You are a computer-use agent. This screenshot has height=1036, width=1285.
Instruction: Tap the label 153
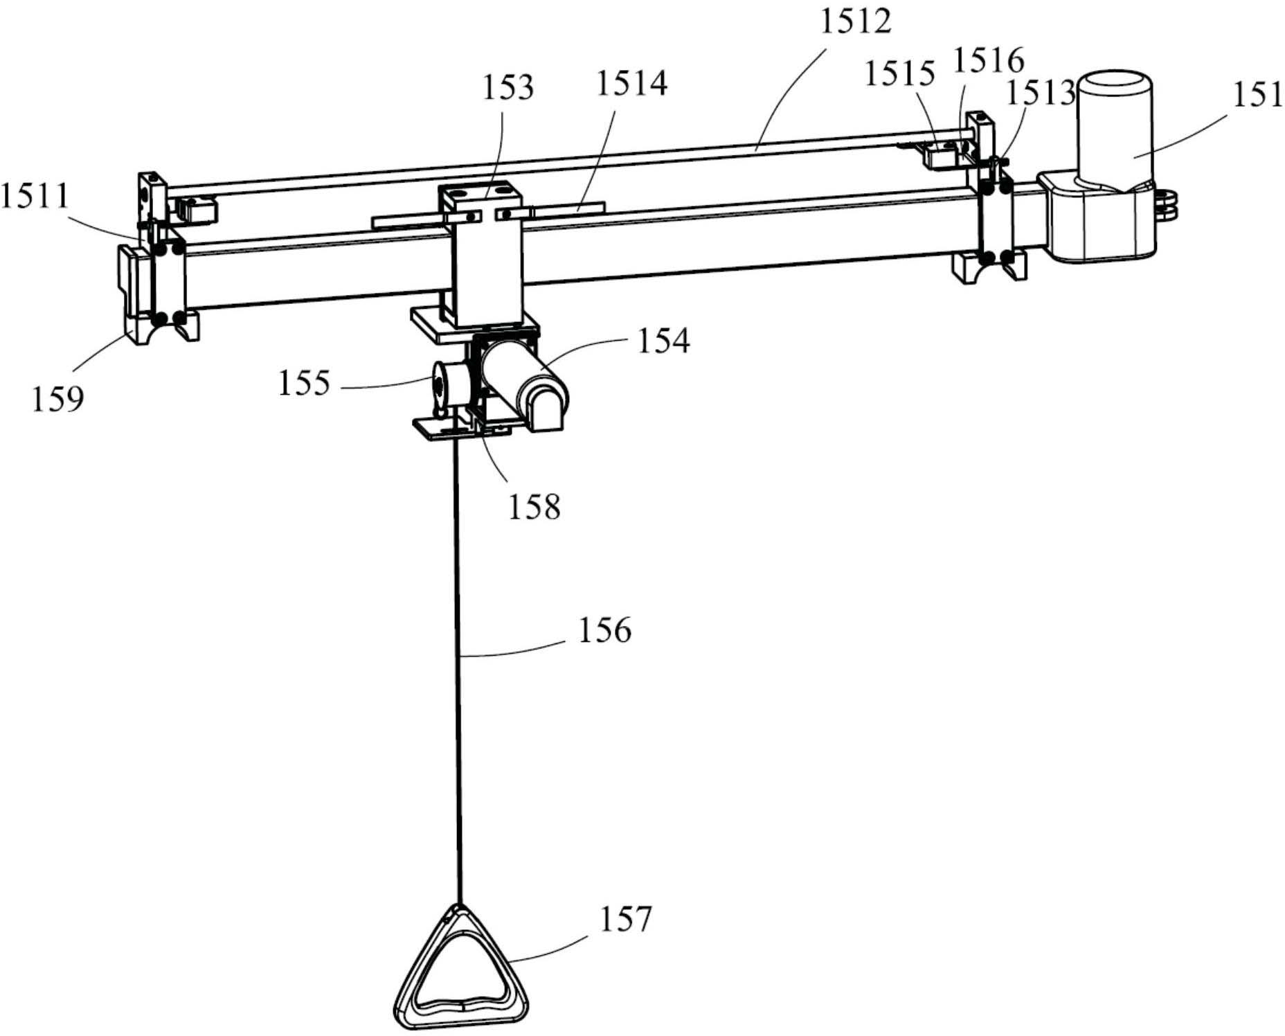pyautogui.click(x=509, y=87)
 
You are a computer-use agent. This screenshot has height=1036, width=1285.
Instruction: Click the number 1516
pyautogui.click(x=988, y=61)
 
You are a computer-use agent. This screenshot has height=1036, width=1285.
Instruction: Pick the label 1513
pyautogui.click(x=1040, y=93)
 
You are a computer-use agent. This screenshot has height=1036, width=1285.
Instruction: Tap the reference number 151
pyautogui.click(x=1257, y=94)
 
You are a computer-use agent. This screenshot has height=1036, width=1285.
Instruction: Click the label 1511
pyautogui.click(x=35, y=196)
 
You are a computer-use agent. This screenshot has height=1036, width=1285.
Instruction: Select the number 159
pyautogui.click(x=57, y=399)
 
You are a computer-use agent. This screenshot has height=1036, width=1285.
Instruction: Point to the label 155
pyautogui.click(x=304, y=382)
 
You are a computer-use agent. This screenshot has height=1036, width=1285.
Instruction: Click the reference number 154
pyautogui.click(x=663, y=341)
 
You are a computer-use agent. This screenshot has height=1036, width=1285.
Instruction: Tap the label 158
pyautogui.click(x=534, y=507)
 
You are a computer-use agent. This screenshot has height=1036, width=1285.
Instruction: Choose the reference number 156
pyautogui.click(x=605, y=630)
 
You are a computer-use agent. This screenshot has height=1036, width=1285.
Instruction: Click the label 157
pyautogui.click(x=625, y=919)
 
